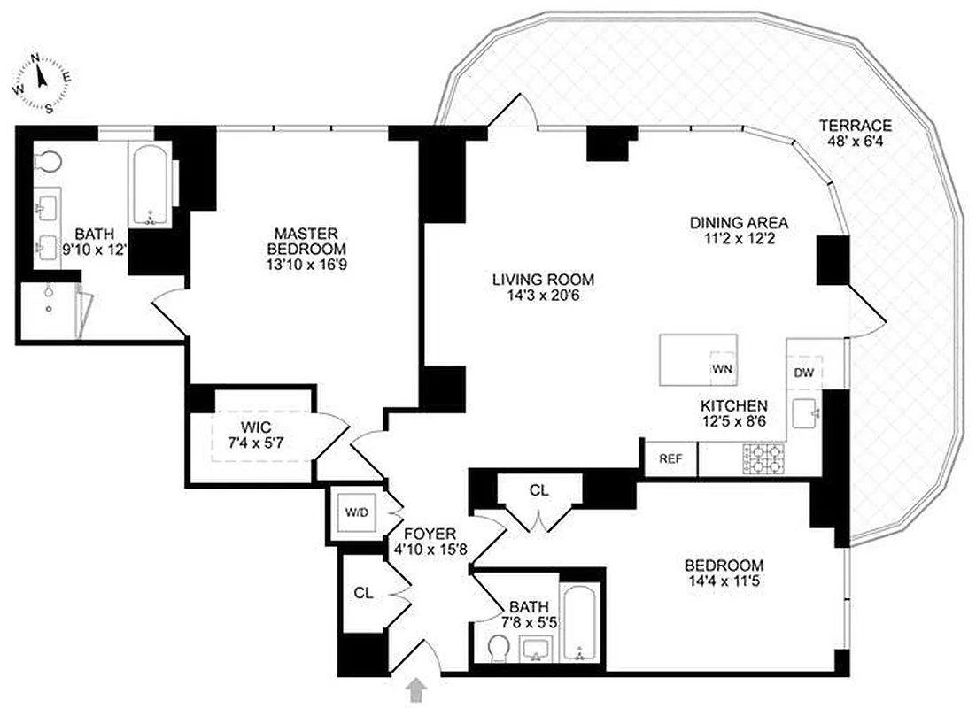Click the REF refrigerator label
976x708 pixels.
tap(670, 458)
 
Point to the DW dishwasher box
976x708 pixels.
tap(803, 373)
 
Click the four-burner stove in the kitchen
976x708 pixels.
tap(763, 458)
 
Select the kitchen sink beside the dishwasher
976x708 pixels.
tap(807, 413)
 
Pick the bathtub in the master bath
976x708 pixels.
tap(150, 185)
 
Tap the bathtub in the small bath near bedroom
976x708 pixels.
tap(579, 624)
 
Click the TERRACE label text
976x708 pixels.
tap(855, 126)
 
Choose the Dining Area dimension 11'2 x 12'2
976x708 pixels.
tap(739, 239)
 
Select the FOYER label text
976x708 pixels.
tap(430, 534)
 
